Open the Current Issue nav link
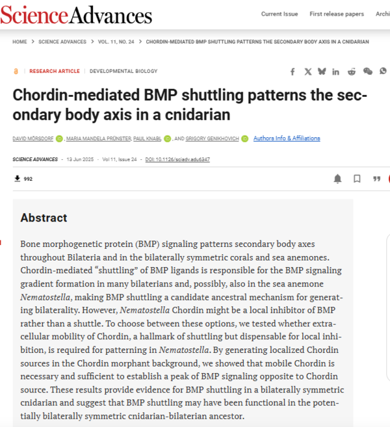click(x=279, y=14)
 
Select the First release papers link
click(x=337, y=14)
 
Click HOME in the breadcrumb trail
click(x=19, y=42)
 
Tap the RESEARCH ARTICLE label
click(x=55, y=71)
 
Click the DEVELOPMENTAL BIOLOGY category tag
click(x=123, y=71)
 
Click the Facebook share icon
click(x=292, y=71)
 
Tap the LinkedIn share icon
click(x=336, y=71)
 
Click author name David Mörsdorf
click(x=32, y=138)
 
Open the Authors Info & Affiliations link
click(x=287, y=138)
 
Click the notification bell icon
click(x=338, y=179)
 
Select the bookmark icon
click(x=357, y=179)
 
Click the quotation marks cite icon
click(x=376, y=179)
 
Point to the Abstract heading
click(x=44, y=218)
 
